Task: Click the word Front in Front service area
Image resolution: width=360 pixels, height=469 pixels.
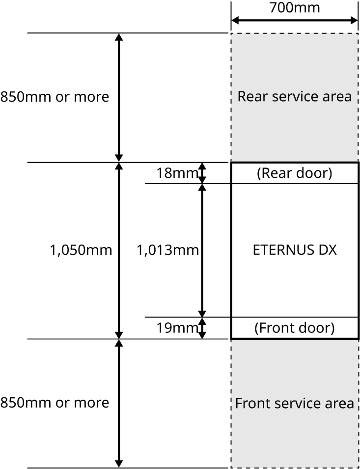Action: click(250, 404)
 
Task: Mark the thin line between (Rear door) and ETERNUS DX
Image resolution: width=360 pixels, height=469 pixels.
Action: click(295, 184)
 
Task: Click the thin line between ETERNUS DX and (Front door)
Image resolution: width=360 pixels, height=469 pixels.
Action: click(295, 317)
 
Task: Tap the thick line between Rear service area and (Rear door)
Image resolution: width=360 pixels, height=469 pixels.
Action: click(295, 163)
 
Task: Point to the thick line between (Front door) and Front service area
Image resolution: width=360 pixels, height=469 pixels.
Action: click(295, 338)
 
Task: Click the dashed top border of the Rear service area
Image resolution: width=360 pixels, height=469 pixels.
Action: click(295, 34)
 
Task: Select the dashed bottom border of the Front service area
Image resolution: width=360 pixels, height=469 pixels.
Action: click(295, 467)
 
